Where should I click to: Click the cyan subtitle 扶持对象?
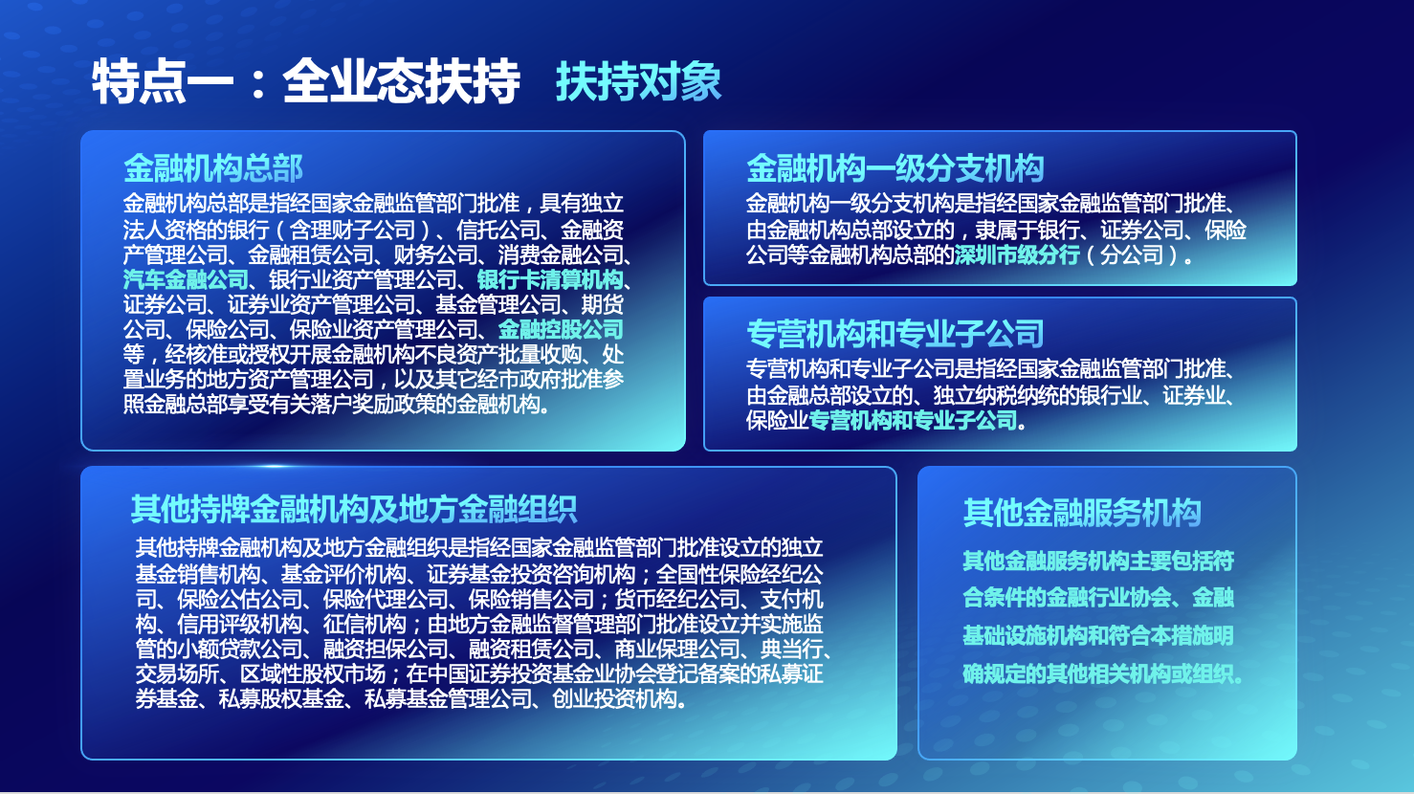[638, 82]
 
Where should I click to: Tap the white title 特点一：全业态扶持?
[306, 82]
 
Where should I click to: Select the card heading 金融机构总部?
[213, 168]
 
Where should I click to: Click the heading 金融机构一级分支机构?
[895, 168]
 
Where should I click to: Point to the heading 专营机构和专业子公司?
[895, 333]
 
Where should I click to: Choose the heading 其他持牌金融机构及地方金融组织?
[354, 509]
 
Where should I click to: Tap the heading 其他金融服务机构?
[1081, 512]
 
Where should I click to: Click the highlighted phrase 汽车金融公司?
[186, 279]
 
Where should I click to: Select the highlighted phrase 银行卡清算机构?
[550, 279]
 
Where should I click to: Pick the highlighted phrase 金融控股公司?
[561, 329]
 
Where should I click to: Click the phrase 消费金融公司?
[560, 254]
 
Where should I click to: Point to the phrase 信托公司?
[498, 229]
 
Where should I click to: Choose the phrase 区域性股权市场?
[313, 673]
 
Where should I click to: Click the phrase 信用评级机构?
[239, 624]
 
